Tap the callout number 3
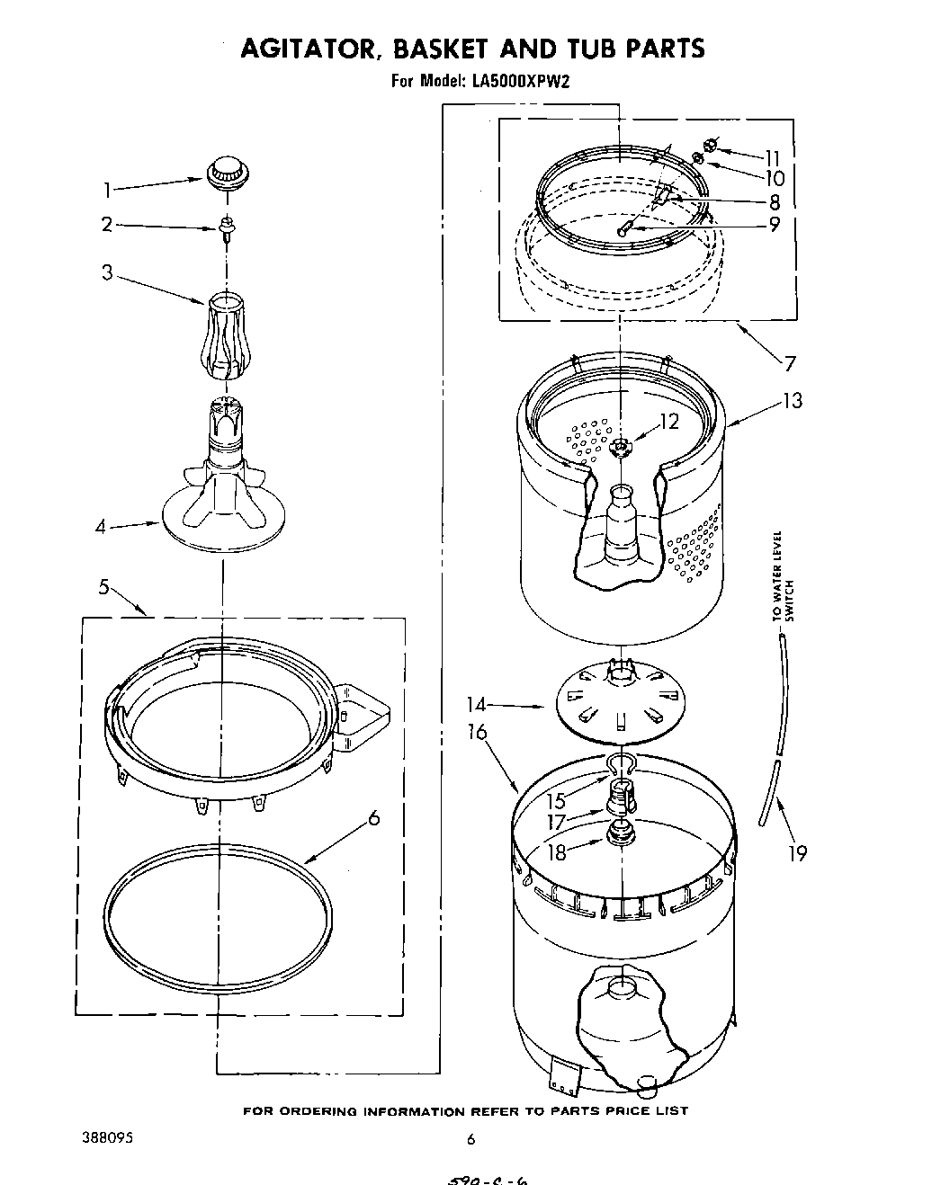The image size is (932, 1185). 107,272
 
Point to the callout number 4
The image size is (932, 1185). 102,527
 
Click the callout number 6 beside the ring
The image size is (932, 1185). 373,818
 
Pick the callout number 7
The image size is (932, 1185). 789,364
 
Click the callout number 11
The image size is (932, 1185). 774,156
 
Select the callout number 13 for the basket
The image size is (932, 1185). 792,401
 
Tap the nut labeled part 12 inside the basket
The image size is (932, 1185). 618,447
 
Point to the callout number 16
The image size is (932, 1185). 478,733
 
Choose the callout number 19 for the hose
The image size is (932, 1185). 798,853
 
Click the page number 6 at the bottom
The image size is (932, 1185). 470,1139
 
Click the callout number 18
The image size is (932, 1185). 559,851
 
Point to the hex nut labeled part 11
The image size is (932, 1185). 711,144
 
